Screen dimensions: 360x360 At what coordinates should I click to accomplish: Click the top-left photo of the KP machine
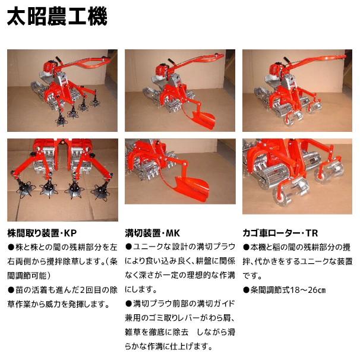pyautogui.click(x=62, y=90)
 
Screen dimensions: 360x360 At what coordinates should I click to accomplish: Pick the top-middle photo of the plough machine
pyautogui.click(x=179, y=90)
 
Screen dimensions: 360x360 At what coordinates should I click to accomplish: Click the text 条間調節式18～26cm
pyautogui.click(x=285, y=289)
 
